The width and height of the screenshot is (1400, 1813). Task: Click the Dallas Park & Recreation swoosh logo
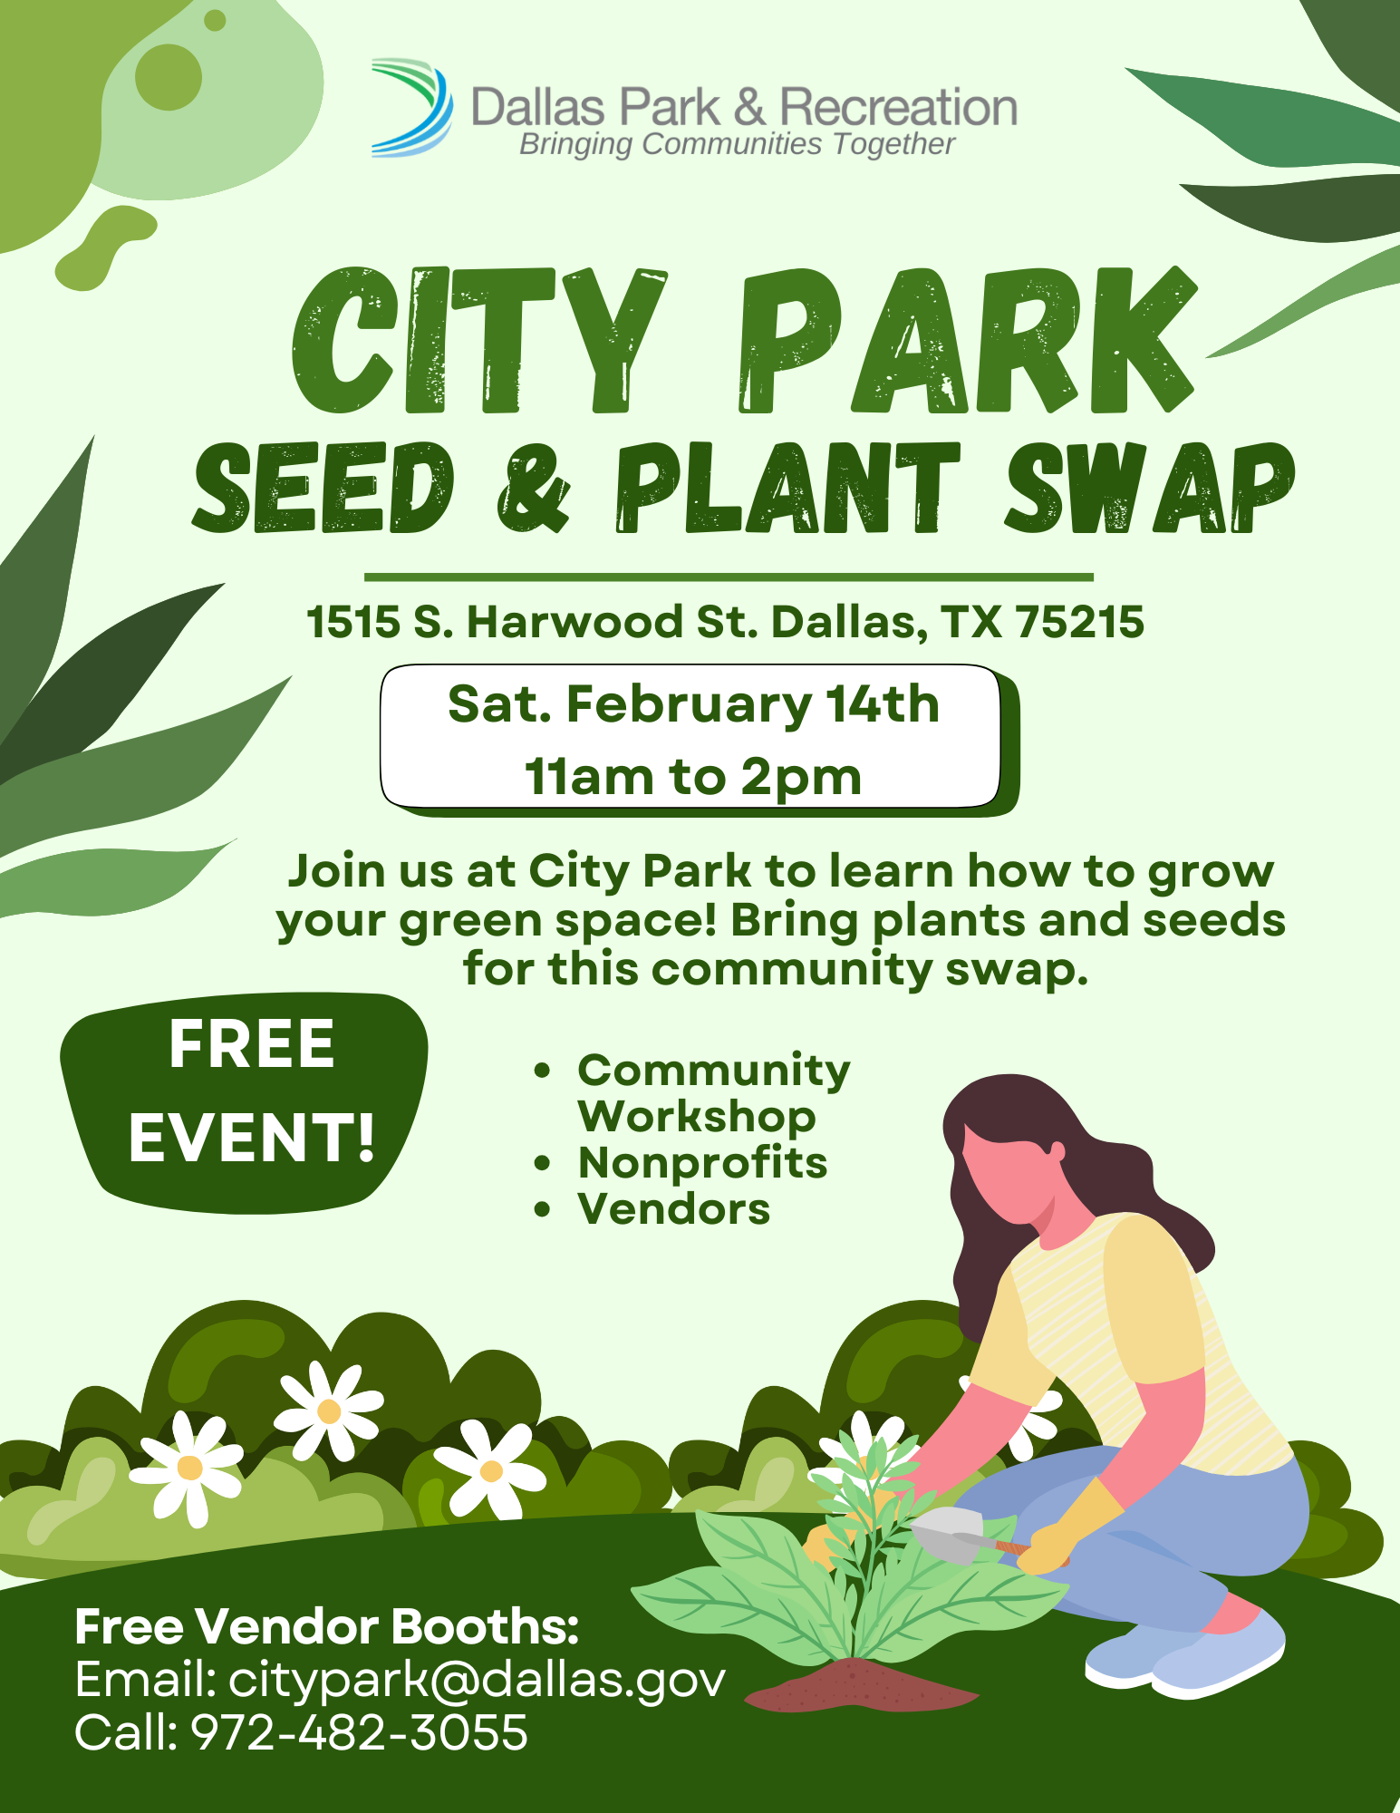412,108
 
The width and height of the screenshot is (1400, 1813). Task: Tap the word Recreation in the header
898,107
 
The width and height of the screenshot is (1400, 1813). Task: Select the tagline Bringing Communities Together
737,144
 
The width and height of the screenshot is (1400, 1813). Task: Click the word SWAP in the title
1148,488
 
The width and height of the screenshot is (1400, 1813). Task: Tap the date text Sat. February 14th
693,704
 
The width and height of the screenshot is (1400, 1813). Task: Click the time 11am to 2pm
693,777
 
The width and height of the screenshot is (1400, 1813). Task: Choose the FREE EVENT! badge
245,1102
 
